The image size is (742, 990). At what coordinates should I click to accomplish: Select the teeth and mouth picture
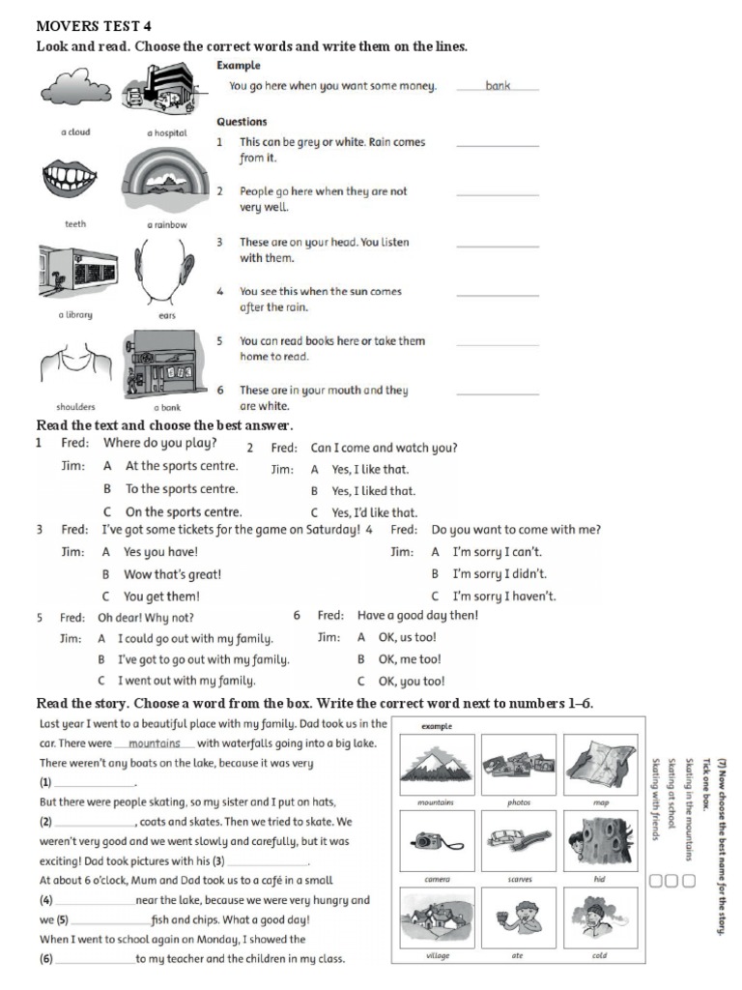[74, 180]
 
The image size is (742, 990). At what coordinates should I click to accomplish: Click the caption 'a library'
[74, 315]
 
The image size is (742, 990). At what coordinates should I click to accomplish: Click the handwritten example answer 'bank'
[498, 86]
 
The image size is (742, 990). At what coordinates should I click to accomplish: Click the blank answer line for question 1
[497, 145]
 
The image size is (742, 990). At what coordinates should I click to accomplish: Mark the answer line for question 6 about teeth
[497, 393]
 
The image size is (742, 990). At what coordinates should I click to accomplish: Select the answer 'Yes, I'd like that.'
[374, 513]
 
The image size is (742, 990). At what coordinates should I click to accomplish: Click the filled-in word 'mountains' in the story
[155, 743]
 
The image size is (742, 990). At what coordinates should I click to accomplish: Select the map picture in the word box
[599, 764]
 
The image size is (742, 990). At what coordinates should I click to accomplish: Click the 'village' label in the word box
[438, 956]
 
